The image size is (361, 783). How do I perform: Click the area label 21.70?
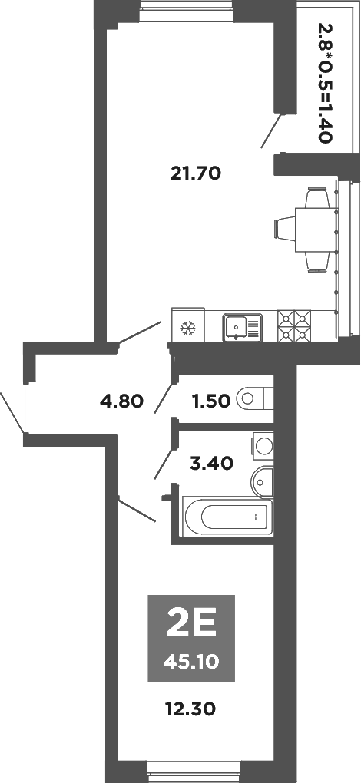[195, 173]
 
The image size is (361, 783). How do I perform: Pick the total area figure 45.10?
[189, 660]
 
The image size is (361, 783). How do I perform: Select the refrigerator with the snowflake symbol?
[187, 328]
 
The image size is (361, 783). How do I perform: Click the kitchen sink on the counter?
[241, 328]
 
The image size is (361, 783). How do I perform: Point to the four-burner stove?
[296, 325]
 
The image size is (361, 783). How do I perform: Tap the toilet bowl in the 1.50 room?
[253, 398]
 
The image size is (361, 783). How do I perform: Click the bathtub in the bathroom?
[227, 517]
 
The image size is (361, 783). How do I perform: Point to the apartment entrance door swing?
[11, 415]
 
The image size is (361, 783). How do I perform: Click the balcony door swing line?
[271, 130]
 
